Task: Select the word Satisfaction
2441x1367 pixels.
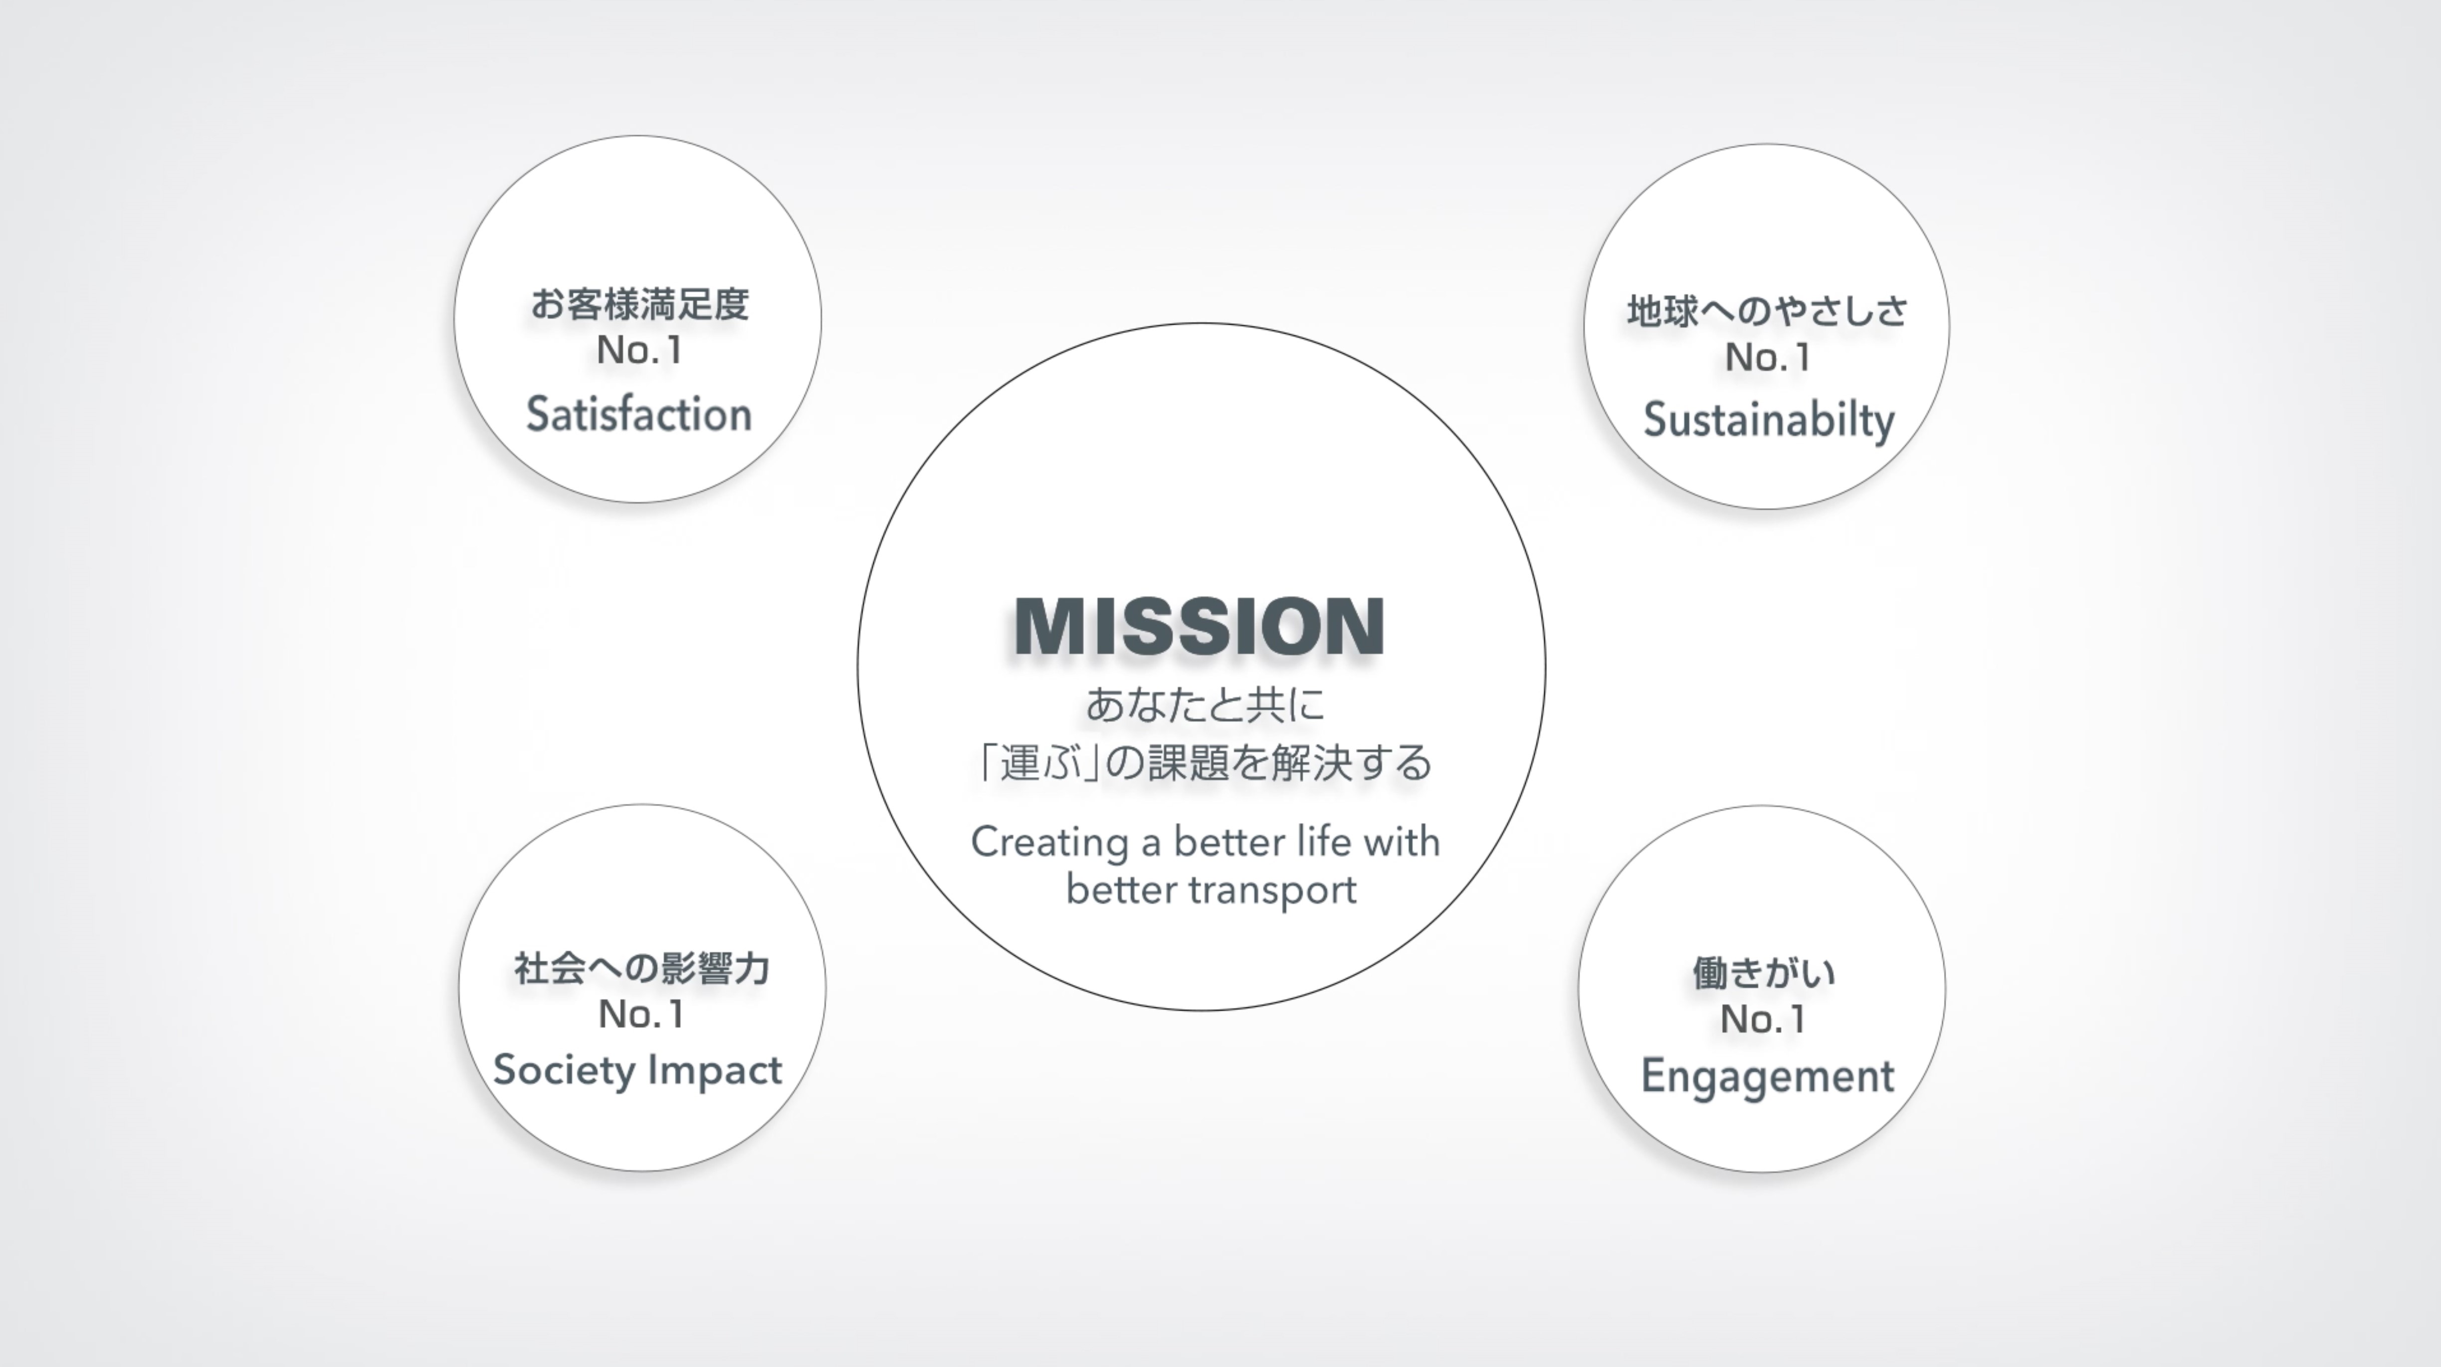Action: point(638,414)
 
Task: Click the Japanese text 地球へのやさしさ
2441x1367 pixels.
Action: point(1767,311)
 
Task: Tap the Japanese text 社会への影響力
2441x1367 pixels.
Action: point(641,968)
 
